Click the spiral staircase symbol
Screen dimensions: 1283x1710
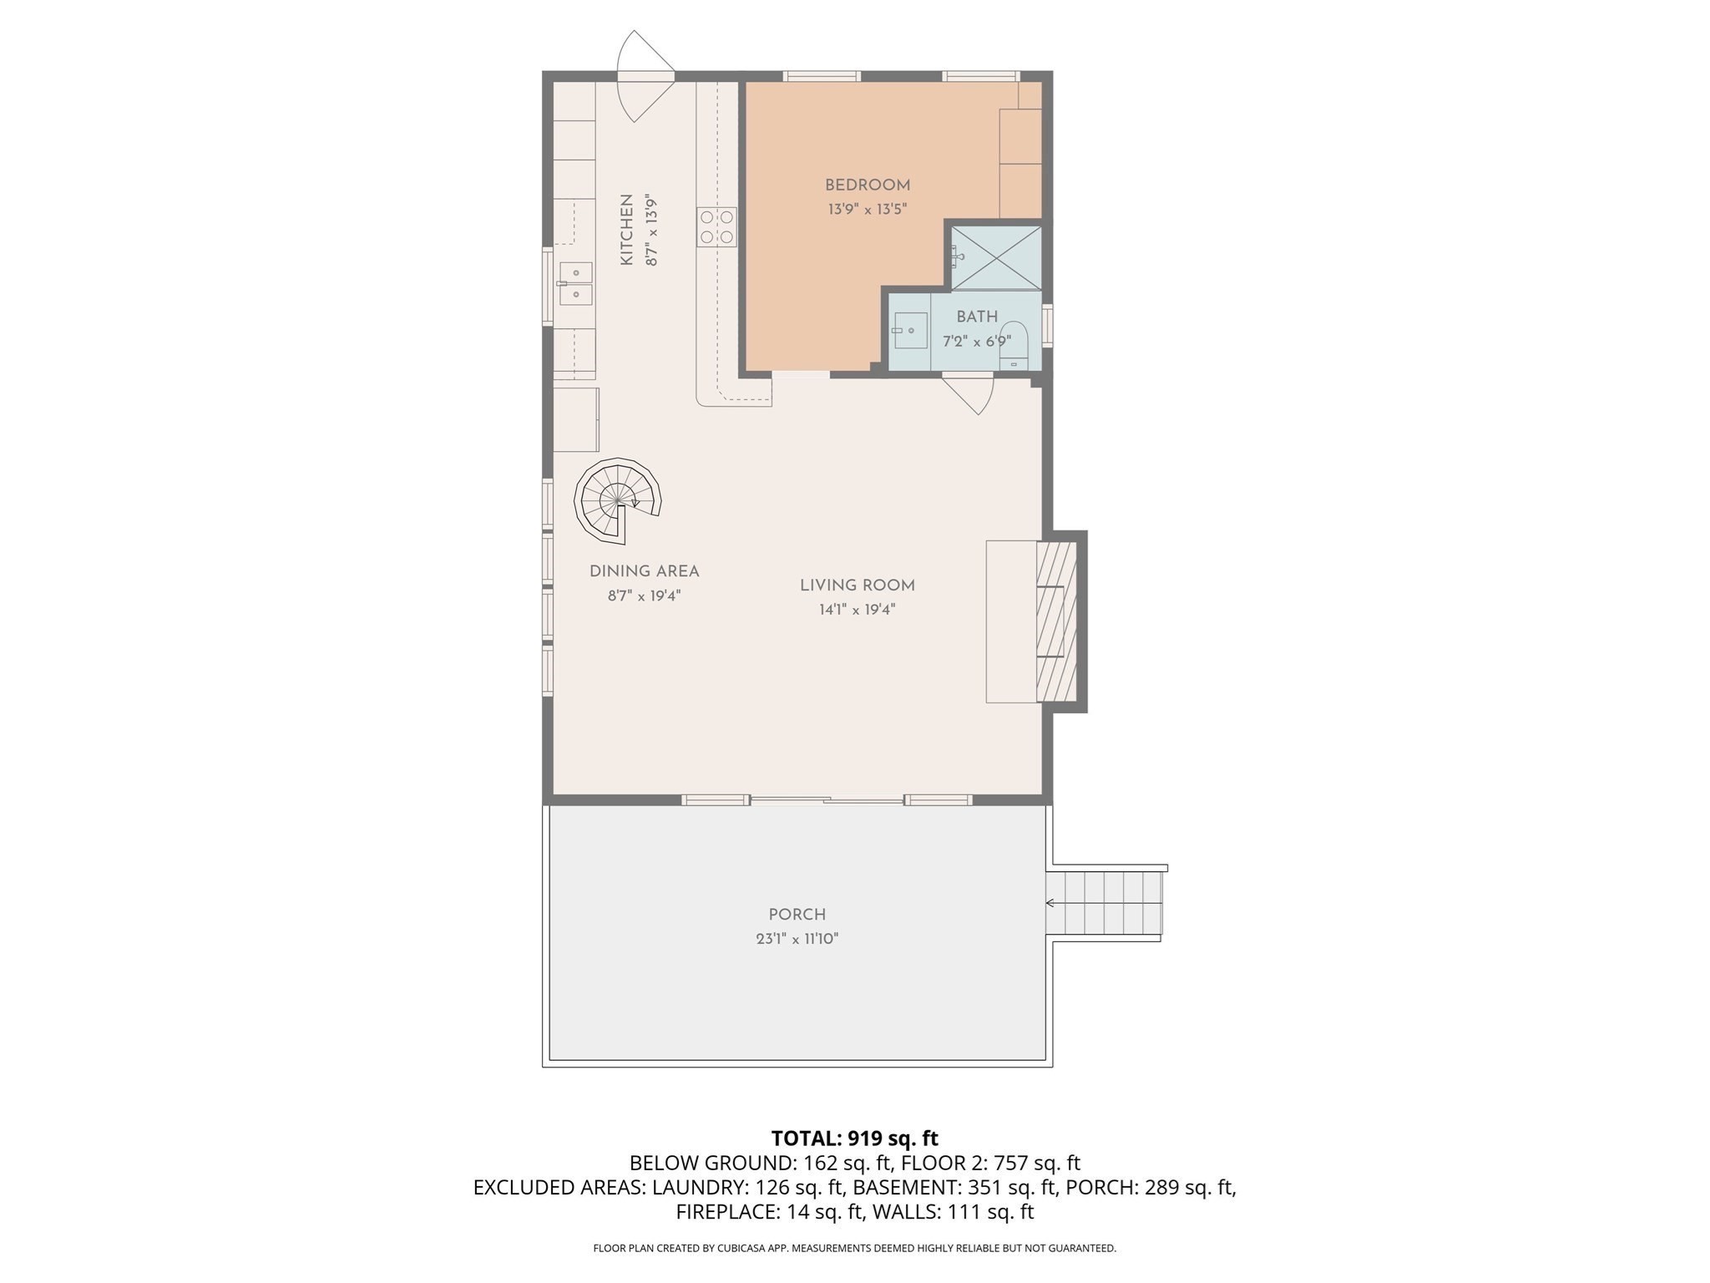[617, 500]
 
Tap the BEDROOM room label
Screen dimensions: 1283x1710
[867, 185]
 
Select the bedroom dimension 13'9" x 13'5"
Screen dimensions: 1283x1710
[867, 210]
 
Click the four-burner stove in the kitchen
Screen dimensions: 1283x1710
[717, 227]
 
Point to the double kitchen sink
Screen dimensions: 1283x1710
[575, 284]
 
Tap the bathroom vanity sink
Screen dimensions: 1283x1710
[910, 331]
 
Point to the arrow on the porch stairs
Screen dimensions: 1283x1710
[1051, 903]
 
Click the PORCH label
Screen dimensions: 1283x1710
[797, 915]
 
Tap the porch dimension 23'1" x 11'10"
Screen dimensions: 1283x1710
[797, 939]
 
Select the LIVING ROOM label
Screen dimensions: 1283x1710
[857, 586]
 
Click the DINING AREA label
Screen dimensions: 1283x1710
[644, 571]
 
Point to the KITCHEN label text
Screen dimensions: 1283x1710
[626, 231]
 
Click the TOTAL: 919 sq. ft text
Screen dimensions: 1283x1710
[854, 1138]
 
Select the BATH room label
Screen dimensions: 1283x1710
[976, 317]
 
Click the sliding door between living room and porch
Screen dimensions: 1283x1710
[827, 800]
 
